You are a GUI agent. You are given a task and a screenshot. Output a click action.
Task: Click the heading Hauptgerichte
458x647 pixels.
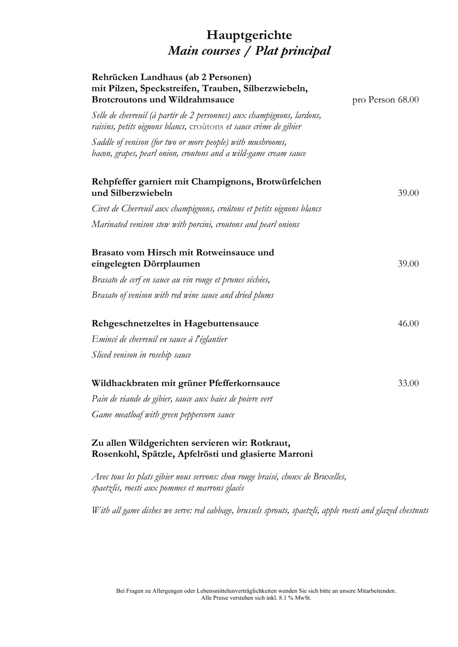(x=249, y=36)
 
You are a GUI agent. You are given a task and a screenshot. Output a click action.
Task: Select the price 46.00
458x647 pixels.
(x=408, y=323)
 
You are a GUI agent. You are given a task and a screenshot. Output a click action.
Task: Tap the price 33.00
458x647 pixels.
(x=408, y=383)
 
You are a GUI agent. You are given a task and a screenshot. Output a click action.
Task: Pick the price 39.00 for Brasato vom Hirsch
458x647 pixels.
(x=408, y=264)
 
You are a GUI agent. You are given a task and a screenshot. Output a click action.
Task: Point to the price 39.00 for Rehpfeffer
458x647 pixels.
(x=408, y=193)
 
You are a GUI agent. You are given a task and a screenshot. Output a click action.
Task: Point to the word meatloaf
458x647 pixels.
(x=128, y=415)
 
